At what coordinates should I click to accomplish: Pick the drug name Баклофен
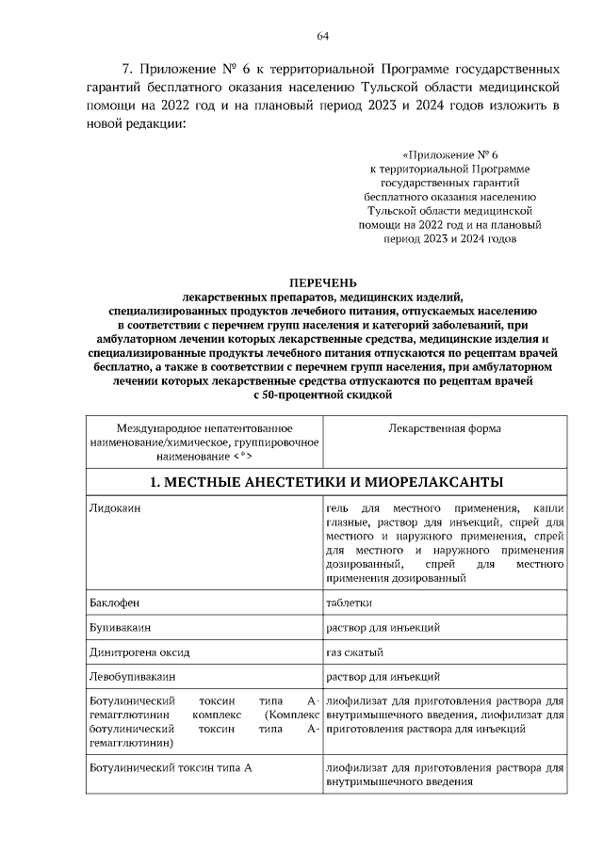(110, 603)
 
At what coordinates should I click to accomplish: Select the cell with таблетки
(350, 603)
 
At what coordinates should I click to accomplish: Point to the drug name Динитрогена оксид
(139, 651)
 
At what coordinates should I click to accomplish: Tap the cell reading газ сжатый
(354, 651)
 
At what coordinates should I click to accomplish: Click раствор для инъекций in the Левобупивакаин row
(382, 676)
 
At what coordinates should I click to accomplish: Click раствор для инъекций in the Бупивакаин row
(382, 627)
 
